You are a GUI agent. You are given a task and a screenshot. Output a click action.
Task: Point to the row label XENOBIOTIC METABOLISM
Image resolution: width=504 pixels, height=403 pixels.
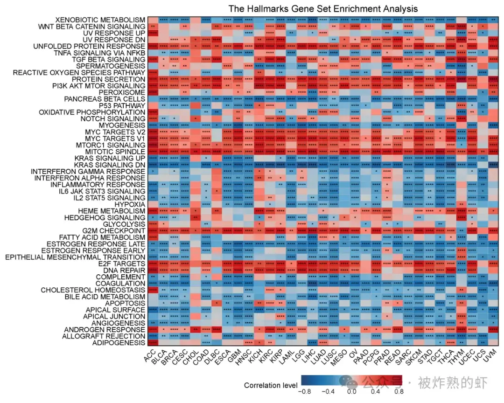click(100, 20)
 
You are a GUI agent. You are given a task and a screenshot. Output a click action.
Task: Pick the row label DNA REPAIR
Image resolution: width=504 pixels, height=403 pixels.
click(123, 271)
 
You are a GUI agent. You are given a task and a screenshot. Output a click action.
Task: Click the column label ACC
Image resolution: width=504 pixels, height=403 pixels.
click(150, 357)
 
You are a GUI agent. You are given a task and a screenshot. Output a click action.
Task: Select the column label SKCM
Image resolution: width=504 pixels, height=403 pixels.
click(413, 358)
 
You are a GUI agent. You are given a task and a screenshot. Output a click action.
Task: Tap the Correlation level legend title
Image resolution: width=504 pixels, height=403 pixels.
click(270, 385)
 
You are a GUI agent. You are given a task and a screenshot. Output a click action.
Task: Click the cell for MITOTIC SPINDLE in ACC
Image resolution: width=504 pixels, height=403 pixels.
click(153, 152)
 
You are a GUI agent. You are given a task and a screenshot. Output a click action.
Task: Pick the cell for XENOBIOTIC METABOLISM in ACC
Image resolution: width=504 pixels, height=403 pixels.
click(153, 20)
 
